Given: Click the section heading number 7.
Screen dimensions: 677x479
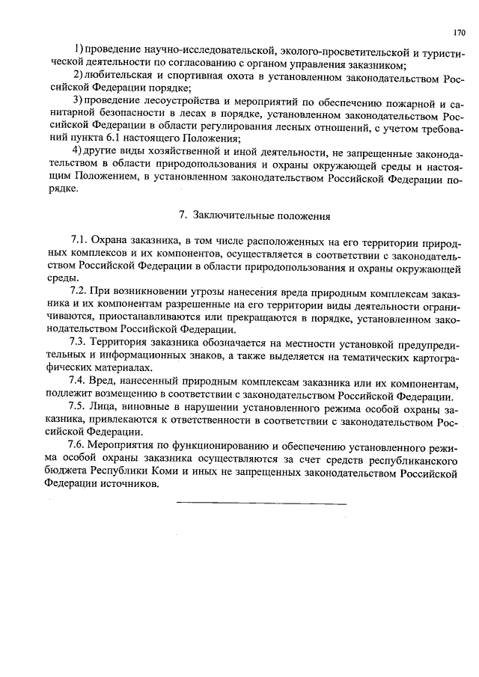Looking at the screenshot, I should (183, 215).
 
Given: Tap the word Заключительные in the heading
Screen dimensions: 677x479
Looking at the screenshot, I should (229, 215).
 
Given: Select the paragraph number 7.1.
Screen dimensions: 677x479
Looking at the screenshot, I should (79, 240).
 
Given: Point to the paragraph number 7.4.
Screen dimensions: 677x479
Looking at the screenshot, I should (79, 382).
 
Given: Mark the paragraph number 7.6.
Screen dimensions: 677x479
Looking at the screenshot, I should (79, 446).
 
